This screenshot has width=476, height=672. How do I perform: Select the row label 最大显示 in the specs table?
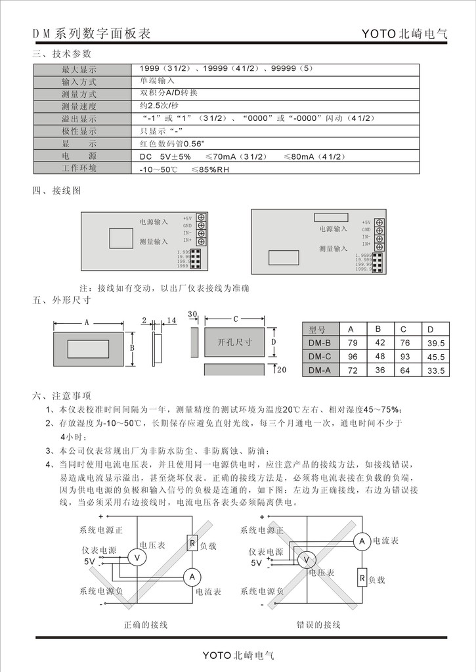click(x=79, y=69)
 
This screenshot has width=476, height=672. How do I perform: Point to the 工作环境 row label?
click(x=79, y=168)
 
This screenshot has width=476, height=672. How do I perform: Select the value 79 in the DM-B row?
click(x=353, y=343)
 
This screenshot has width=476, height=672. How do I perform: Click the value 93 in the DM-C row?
click(x=404, y=357)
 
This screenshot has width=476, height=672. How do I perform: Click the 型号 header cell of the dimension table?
click(x=317, y=329)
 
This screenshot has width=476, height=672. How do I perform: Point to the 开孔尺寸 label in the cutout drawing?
click(x=235, y=343)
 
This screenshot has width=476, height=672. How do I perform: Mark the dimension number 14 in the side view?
click(x=171, y=320)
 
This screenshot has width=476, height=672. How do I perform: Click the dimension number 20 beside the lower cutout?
click(x=282, y=370)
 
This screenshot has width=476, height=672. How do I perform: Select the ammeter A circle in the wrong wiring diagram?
click(x=360, y=541)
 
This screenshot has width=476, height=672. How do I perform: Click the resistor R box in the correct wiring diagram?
click(x=192, y=543)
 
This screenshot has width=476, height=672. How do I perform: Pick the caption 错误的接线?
click(x=318, y=624)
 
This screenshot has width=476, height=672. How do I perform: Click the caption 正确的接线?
click(x=146, y=624)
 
